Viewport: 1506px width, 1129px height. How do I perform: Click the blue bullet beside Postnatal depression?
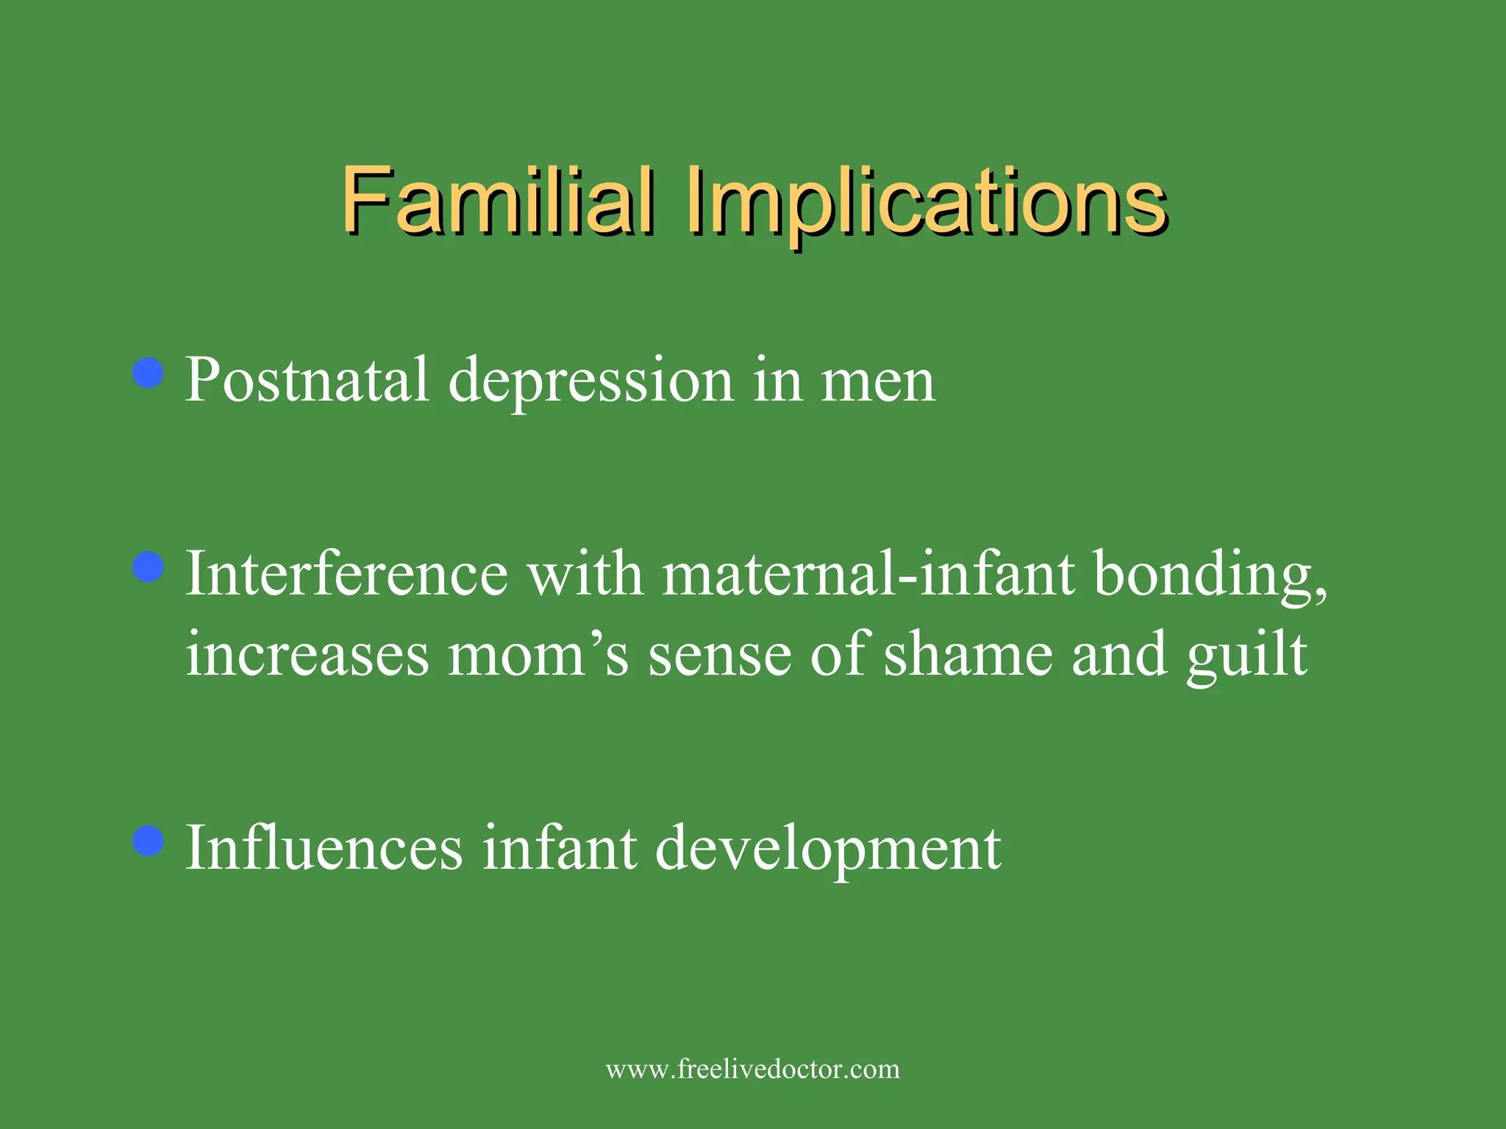point(149,373)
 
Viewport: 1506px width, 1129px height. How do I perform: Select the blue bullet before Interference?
point(149,568)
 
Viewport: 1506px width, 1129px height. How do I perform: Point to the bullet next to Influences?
point(149,842)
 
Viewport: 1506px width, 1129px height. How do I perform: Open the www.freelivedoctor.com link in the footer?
point(752,1069)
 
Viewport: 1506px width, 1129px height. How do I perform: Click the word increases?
point(307,654)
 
